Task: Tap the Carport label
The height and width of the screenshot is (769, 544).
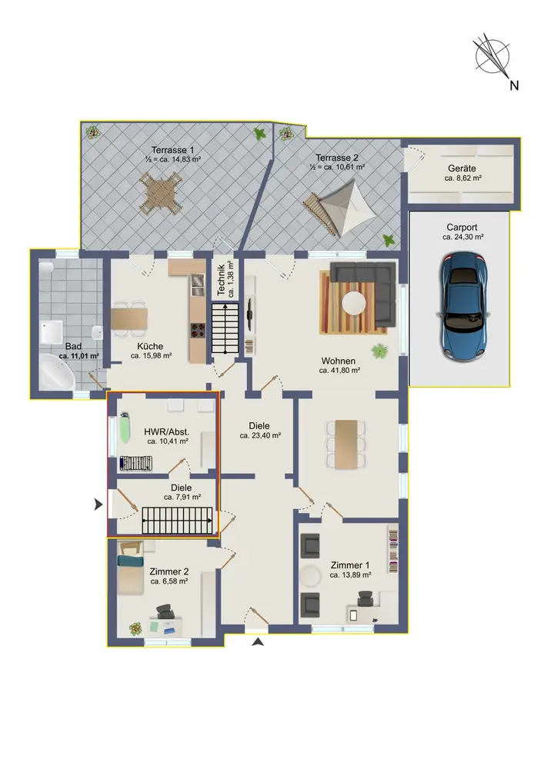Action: (x=462, y=228)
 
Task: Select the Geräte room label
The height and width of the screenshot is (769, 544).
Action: (x=462, y=168)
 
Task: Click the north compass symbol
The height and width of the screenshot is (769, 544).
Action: (x=492, y=55)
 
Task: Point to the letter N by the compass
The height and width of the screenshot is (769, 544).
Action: (x=514, y=85)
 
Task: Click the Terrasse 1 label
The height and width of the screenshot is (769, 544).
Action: (x=172, y=150)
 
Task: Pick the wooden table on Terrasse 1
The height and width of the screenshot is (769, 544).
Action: (x=161, y=195)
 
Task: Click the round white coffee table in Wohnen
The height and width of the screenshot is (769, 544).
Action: (x=354, y=302)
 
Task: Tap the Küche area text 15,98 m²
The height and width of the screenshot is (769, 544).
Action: (x=151, y=355)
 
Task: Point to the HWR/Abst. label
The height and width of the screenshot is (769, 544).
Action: (x=167, y=432)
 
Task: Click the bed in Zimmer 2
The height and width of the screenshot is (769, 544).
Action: (x=130, y=567)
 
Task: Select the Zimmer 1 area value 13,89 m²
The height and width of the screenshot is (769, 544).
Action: (x=350, y=574)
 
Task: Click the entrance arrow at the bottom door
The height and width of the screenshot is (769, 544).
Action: (x=258, y=641)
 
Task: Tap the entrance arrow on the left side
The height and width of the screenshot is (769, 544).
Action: (x=98, y=504)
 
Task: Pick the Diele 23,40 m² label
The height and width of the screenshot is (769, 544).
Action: (x=259, y=430)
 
